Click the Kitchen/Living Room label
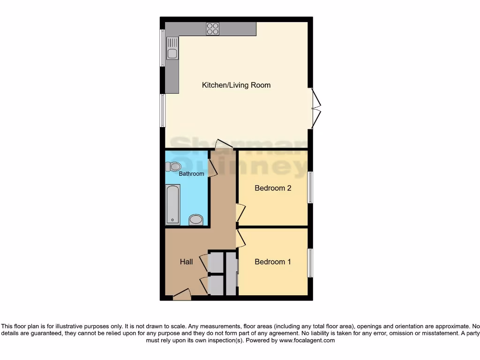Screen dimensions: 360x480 (236, 85)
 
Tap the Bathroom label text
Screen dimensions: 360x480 (192, 174)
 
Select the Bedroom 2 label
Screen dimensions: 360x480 (273, 188)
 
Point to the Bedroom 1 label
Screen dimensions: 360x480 (272, 262)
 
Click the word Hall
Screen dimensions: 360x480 (186, 262)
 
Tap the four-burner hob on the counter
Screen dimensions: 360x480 (213, 29)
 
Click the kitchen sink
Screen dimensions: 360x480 (172, 49)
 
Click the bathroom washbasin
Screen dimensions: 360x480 (196, 220)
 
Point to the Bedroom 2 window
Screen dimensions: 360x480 (310, 187)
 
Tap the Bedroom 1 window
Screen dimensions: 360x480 (310, 262)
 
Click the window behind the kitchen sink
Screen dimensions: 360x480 (162, 48)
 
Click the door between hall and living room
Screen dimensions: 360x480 (223, 144)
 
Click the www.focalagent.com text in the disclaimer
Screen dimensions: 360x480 (307, 340)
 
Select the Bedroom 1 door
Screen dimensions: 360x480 (240, 238)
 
